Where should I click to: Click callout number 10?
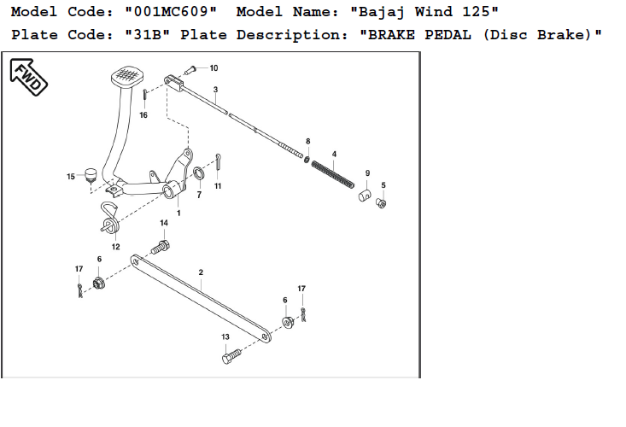point(214,67)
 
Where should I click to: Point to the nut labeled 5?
point(382,202)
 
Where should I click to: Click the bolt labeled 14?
point(161,246)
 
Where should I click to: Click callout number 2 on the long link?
point(200,273)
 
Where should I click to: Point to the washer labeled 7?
point(198,176)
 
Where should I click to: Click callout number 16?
point(143,114)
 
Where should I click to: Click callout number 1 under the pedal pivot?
point(178,212)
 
